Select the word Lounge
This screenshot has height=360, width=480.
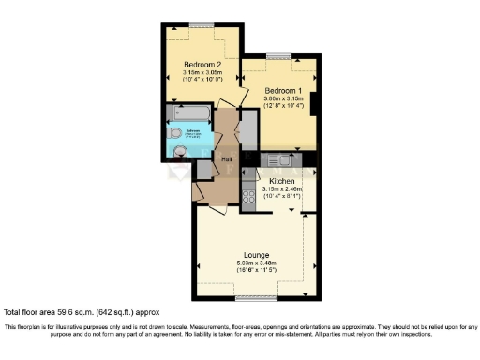pos(256,254)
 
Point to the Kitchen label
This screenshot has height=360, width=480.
pos(282,180)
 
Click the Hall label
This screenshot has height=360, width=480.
pos(227,158)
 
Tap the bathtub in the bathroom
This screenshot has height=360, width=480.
pos(188,114)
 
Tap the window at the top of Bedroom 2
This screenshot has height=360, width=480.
pos(201,24)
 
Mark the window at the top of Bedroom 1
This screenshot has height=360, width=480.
pos(278,56)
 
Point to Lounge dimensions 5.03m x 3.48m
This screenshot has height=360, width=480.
pos(256,263)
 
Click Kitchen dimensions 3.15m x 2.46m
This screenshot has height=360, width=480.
pos(282,188)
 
